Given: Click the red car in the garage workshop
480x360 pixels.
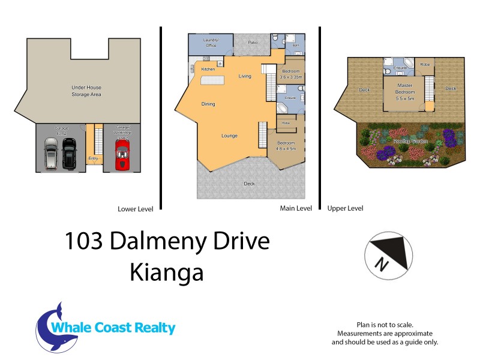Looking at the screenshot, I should pos(122,155).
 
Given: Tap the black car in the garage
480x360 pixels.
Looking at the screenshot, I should pos(70,154).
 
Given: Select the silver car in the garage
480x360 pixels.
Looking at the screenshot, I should pos(51,154).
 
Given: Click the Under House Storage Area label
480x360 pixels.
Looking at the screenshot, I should pos(86,91).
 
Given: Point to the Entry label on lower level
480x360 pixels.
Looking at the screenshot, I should pos(93,158).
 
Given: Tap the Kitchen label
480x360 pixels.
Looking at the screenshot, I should pos(208,70).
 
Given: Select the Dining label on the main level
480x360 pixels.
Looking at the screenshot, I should pos(208,104).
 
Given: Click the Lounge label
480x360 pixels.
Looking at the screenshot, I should pos(229,136).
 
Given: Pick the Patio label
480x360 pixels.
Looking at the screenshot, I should pos(253,42).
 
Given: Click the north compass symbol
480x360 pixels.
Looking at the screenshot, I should pos(388,254).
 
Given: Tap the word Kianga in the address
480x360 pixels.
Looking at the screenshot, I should pos(166,273).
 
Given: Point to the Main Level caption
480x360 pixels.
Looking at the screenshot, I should pos(296,209).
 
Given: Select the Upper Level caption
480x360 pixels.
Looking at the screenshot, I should pos(345,209).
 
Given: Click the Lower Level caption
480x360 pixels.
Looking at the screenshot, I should pos(136,209).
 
